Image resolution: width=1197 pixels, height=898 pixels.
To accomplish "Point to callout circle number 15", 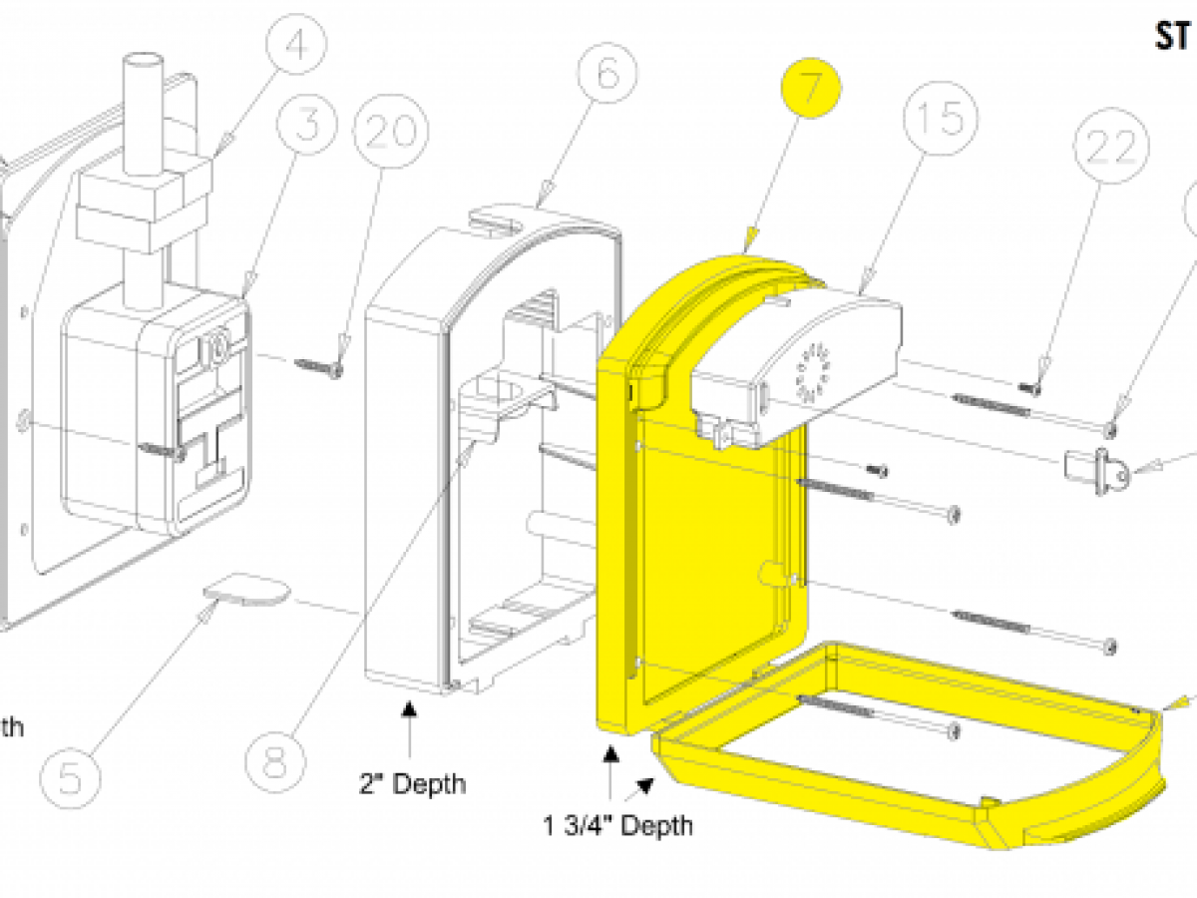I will point(936,119).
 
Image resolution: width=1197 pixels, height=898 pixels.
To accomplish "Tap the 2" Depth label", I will point(412,783).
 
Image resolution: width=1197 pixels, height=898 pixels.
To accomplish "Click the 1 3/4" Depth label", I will point(617,825).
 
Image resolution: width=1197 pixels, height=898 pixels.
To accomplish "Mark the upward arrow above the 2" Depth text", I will point(408,711).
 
